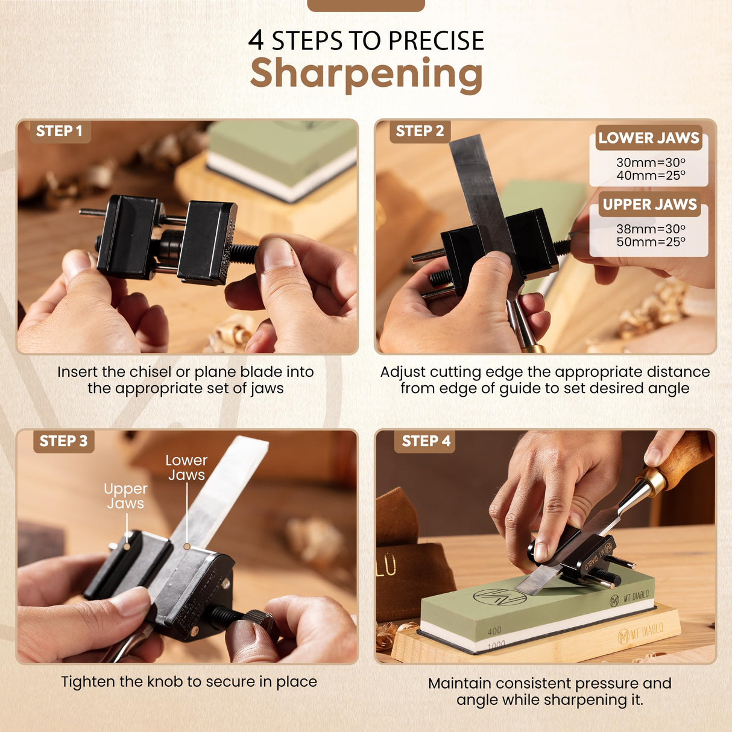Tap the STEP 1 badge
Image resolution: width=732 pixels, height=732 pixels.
[x=59, y=131]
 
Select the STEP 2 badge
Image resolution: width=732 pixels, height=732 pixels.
[x=420, y=131]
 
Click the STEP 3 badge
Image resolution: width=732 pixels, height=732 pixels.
[x=63, y=441]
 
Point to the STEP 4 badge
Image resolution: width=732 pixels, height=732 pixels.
[x=426, y=441]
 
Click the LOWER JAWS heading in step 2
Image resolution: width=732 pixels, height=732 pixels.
[x=649, y=138]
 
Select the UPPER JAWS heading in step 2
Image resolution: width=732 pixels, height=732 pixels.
[x=649, y=205]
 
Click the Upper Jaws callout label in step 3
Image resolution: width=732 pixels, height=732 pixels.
[x=125, y=496]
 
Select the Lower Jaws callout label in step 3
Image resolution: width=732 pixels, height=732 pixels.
[x=186, y=467]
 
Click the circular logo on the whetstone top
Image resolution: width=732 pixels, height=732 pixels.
[x=491, y=597]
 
